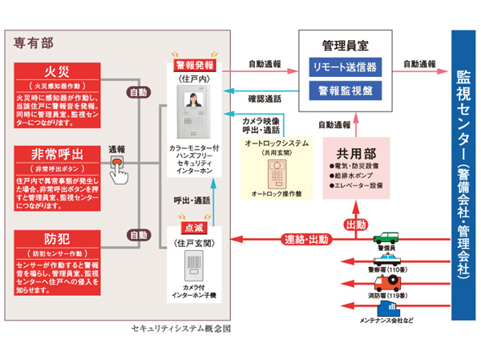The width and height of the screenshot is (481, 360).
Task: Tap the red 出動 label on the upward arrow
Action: coord(354,225)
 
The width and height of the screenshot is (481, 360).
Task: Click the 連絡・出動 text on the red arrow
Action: coord(305,239)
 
